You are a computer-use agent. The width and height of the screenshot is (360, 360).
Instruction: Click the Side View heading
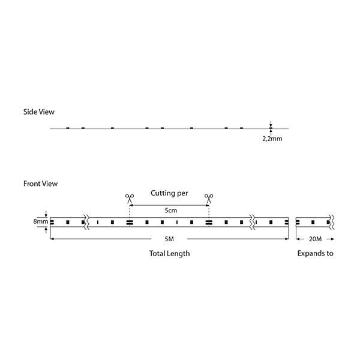[39, 112]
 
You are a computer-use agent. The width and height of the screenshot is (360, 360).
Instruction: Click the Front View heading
[40, 184]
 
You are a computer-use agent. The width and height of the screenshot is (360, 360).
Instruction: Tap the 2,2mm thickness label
[272, 139]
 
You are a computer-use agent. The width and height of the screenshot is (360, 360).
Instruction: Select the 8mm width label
[41, 221]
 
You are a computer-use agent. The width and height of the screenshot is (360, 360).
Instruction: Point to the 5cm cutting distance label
[171, 211]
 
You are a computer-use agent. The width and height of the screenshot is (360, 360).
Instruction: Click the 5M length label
[169, 239]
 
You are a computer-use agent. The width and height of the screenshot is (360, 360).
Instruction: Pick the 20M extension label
[315, 239]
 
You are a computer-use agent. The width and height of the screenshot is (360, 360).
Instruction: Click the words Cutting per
[169, 193]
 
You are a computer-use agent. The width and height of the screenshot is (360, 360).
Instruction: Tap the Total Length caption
[169, 253]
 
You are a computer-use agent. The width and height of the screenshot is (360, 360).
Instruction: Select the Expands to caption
[315, 253]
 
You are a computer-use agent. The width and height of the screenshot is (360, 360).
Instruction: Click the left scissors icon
[130, 199]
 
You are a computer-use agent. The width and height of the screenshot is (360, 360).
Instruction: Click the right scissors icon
[209, 199]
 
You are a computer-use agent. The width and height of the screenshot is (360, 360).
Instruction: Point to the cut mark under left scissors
[130, 222]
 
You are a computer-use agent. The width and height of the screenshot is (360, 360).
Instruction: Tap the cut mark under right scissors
[209, 222]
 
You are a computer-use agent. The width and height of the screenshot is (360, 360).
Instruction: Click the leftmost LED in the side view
[67, 128]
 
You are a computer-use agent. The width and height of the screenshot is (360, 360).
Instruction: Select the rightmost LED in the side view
[241, 128]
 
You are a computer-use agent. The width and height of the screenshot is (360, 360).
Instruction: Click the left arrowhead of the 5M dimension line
[52, 239]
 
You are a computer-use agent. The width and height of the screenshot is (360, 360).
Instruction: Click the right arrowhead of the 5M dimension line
[287, 239]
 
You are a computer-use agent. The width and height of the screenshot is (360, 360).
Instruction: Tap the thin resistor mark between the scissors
[177, 222]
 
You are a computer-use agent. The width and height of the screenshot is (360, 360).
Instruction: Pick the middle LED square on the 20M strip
[313, 222]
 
